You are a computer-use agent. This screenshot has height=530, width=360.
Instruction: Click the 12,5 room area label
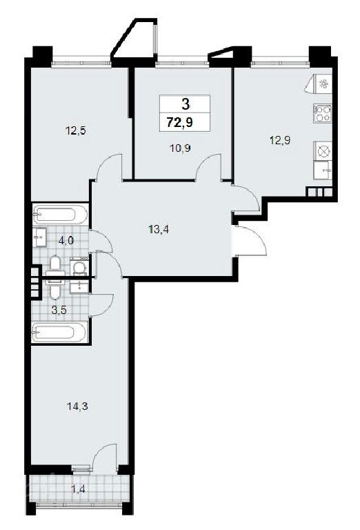[76, 130]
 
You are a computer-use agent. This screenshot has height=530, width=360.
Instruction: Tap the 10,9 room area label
[180, 148]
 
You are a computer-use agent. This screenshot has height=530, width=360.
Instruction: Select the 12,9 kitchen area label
[280, 140]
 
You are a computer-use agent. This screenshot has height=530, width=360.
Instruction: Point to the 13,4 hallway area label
[159, 230]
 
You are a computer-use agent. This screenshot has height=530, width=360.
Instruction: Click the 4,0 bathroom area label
[66, 241]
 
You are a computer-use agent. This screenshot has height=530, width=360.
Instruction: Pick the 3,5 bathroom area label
[59, 310]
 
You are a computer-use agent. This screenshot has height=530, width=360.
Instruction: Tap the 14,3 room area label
[77, 406]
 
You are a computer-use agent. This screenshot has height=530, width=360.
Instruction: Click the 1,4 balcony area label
[78, 489]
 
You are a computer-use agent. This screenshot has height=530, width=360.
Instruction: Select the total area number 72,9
[180, 121]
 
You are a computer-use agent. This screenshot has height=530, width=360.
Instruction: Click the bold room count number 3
[186, 104]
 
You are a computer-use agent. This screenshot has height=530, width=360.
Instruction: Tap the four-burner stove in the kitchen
[323, 113]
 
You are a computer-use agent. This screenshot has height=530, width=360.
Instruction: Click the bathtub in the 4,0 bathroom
[60, 214]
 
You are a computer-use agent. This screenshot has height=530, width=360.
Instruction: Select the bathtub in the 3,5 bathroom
[59, 332]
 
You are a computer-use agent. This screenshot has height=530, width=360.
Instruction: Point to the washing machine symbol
[79, 266]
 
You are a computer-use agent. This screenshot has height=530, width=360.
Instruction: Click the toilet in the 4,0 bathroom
[54, 266]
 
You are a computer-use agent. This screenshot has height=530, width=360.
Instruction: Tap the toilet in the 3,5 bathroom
[54, 288]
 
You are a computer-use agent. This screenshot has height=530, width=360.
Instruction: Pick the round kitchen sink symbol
[323, 150]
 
